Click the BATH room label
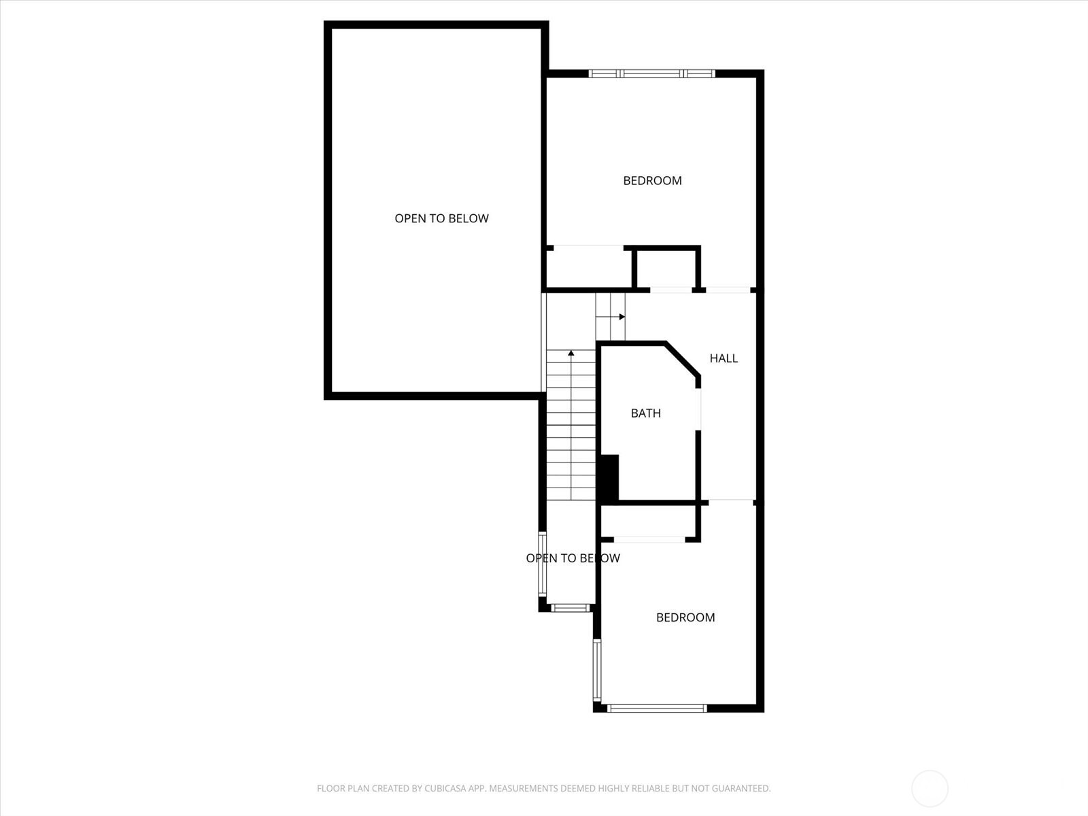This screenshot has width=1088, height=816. [x=645, y=413]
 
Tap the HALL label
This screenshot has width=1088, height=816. [x=724, y=358]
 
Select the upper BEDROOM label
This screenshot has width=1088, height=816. [x=652, y=180]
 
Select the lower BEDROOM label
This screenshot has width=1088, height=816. [x=685, y=617]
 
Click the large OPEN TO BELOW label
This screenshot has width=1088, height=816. [x=441, y=218]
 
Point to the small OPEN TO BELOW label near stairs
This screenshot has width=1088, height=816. [x=573, y=558]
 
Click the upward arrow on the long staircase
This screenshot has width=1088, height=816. [x=571, y=354]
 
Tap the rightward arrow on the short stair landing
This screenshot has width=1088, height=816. [x=621, y=317]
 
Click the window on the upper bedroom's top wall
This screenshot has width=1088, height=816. [x=651, y=73]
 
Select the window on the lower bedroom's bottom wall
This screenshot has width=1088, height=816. [x=656, y=709]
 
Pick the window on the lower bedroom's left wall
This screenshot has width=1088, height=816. [x=597, y=671]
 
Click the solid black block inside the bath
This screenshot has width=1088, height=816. [x=609, y=479]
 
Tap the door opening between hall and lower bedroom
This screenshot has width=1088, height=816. [x=731, y=503]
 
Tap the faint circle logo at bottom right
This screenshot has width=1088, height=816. [x=930, y=789]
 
